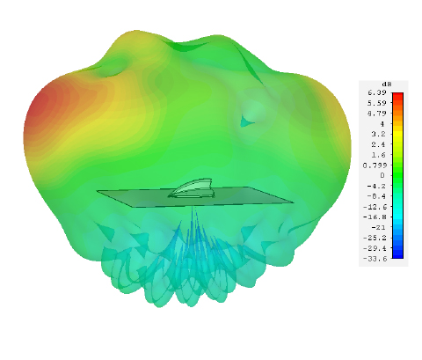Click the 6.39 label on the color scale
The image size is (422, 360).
click(377, 92)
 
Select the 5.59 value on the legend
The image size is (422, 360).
click(377, 103)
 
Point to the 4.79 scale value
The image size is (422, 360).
click(377, 114)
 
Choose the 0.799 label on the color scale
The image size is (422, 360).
click(375, 165)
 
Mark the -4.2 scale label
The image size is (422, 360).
click(376, 186)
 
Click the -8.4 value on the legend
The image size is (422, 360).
click(376, 196)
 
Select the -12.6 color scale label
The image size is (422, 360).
click(375, 207)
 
